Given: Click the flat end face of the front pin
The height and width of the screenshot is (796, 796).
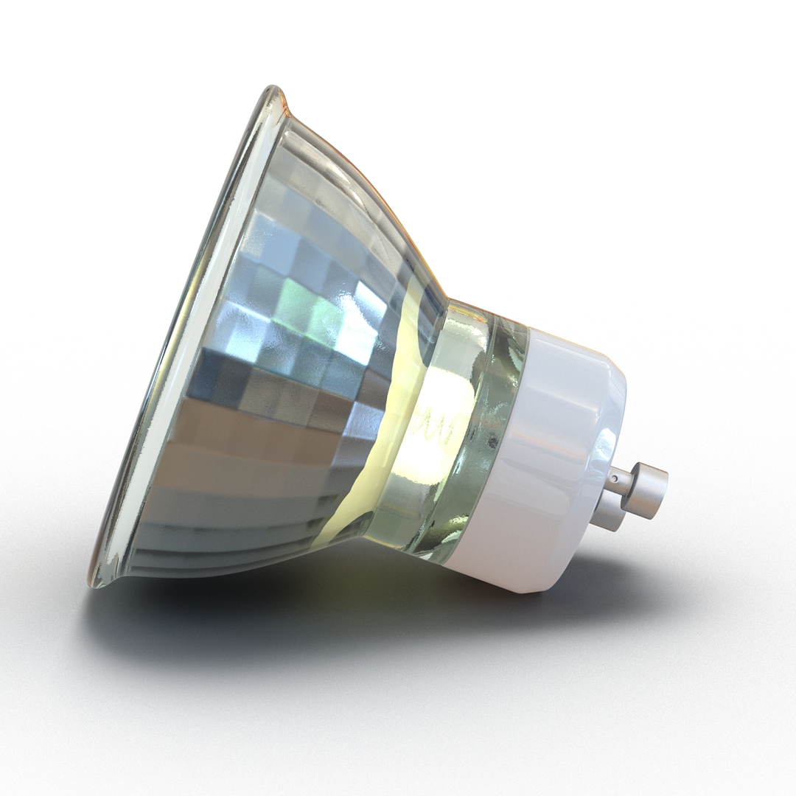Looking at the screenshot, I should click(x=663, y=490).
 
